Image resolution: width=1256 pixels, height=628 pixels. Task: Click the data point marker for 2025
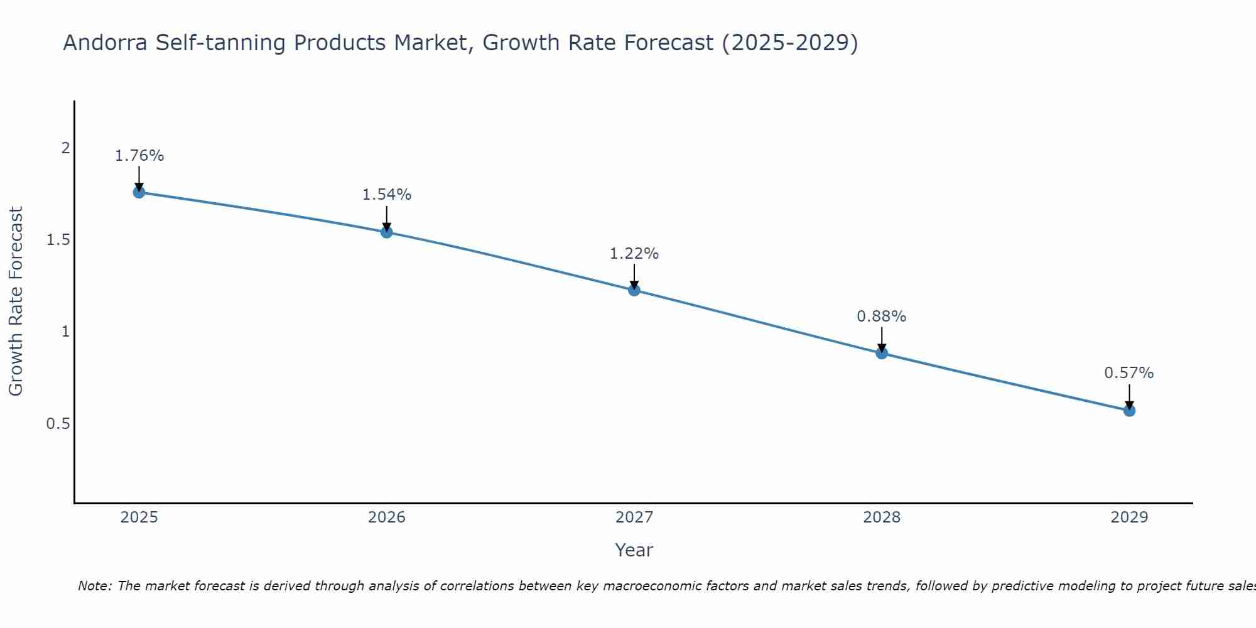coord(139,192)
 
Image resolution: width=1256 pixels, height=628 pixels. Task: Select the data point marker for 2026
coord(387,232)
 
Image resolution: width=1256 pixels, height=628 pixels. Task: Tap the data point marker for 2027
coord(634,290)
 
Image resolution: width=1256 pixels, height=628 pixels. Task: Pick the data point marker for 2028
coord(882,353)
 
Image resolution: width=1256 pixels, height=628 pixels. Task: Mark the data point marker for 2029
coord(1129,411)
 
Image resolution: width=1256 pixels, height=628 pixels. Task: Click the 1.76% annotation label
coord(139,156)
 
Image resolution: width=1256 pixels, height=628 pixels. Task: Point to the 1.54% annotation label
coord(387,195)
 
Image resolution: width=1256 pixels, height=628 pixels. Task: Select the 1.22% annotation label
coord(634,254)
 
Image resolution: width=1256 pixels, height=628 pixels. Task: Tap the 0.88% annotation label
coord(882,317)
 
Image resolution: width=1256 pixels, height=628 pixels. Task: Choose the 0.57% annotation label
coord(1129,373)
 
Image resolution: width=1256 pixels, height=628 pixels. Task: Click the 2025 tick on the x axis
coord(139,517)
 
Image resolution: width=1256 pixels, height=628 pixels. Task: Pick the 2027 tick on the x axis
coord(634,517)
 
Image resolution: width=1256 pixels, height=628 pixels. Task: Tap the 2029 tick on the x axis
coord(1129,517)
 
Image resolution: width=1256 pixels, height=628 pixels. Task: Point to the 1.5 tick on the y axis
coord(58,240)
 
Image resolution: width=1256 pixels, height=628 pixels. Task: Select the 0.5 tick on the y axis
coord(58,424)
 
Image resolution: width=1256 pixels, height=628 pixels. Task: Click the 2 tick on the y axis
coord(65,148)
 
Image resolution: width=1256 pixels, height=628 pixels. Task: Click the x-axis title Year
coord(634,550)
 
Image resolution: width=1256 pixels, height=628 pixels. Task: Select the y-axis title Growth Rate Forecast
coord(16,301)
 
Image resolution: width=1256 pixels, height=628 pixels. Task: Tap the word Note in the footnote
coord(94,586)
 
